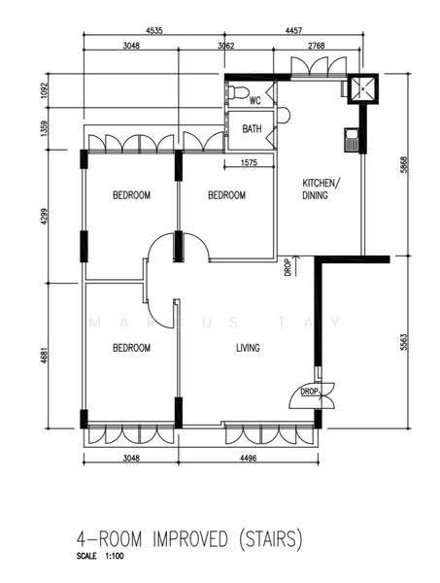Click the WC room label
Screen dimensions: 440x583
pyautogui.click(x=255, y=100)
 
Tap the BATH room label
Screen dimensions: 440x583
pyautogui.click(x=252, y=129)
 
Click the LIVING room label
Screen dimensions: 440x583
pyautogui.click(x=248, y=348)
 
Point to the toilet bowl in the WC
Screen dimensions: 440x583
pyautogui.click(x=238, y=92)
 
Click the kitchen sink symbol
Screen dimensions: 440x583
pyautogui.click(x=351, y=140)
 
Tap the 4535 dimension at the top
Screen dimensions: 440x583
pyautogui.click(x=154, y=30)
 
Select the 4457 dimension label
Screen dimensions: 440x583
pyautogui.click(x=293, y=30)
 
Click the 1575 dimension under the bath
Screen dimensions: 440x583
pyautogui.click(x=249, y=162)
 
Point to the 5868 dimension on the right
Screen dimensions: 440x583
pyautogui.click(x=404, y=165)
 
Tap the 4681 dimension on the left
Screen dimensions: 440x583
pyautogui.click(x=45, y=355)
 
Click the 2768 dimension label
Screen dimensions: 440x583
pyautogui.click(x=317, y=46)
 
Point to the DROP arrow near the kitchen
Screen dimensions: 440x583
pyautogui.click(x=296, y=266)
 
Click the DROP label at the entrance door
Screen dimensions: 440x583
pyautogui.click(x=309, y=392)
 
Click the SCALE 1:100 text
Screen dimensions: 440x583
pyautogui.click(x=100, y=557)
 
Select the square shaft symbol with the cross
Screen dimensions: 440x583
pyautogui.click(x=363, y=88)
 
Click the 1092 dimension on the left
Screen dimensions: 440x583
pyautogui.click(x=45, y=90)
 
